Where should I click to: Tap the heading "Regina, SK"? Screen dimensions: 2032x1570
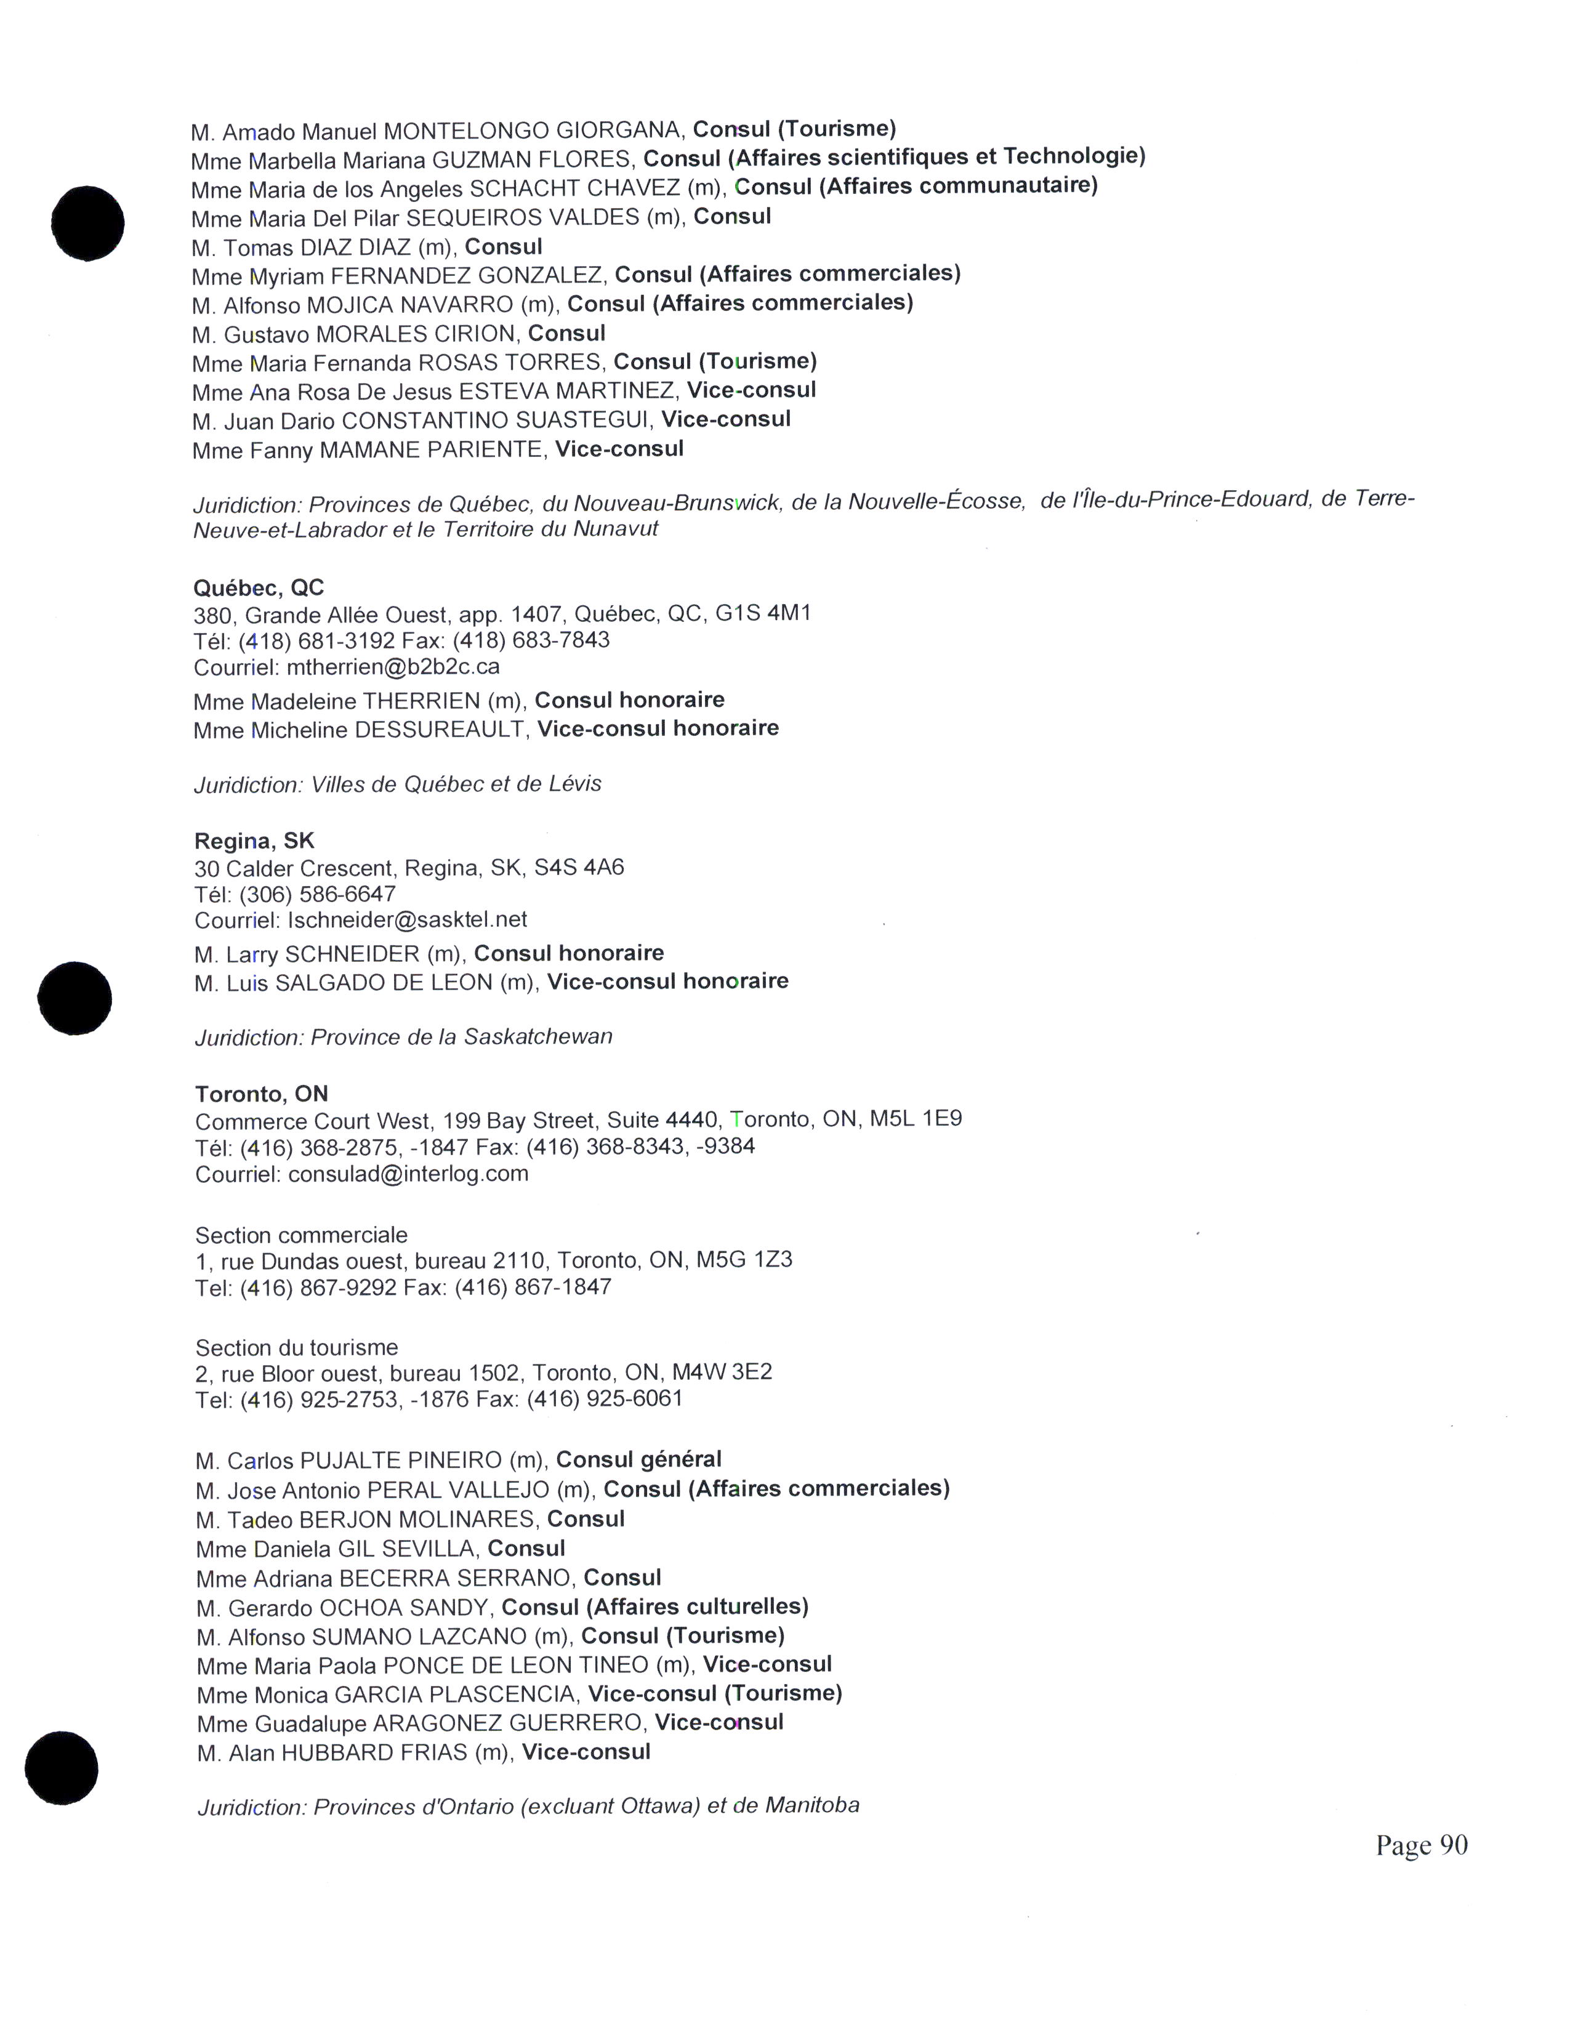(254, 841)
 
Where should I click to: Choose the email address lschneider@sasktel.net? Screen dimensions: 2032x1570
(408, 919)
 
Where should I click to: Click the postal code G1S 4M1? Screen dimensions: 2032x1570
(763, 613)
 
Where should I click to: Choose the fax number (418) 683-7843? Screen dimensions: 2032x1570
(557, 640)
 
